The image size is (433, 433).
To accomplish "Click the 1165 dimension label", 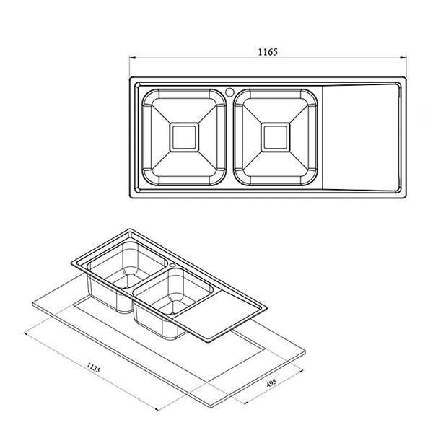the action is pos(268,52).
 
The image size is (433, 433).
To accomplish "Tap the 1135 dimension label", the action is pos(93,368).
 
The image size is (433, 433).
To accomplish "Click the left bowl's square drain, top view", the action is pos(184,137).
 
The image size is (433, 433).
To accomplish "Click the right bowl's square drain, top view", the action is pos(276,137).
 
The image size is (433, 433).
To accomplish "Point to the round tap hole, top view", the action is pos(229,92).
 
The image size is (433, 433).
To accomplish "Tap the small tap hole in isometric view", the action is pos(173,265).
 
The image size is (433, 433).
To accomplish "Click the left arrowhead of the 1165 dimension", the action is pos(132,58).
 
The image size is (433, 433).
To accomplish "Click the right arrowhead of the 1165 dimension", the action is pos(403,58).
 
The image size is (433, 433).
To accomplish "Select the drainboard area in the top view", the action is pos(362,137).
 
